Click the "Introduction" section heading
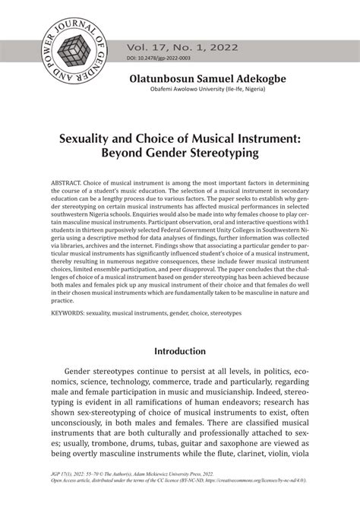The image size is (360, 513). coord(180,352)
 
